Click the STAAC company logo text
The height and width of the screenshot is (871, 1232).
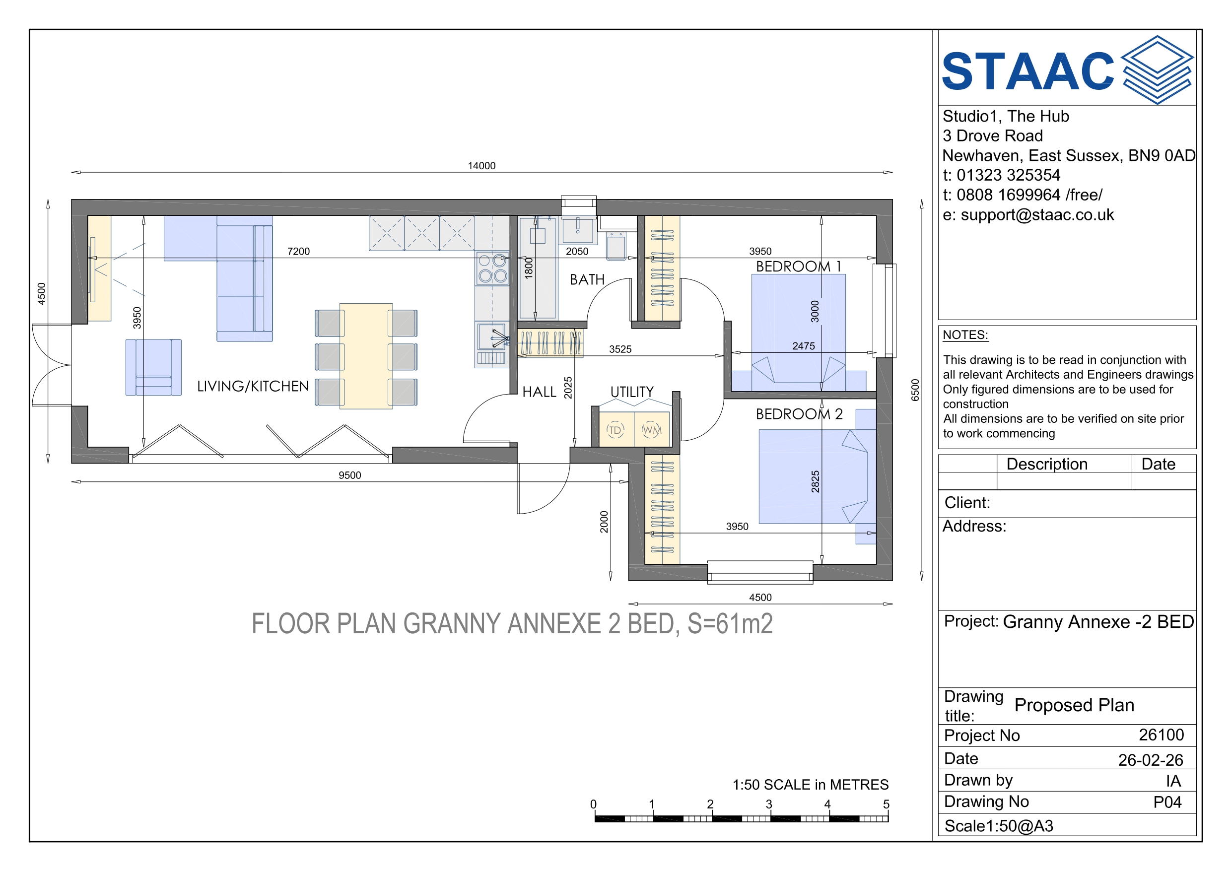coord(1028,71)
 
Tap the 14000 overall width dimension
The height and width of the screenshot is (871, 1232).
coord(481,166)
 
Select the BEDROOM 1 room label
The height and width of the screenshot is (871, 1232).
coord(799,266)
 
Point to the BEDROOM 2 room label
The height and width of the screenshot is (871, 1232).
coord(799,414)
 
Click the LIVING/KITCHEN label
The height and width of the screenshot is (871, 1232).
coord(253,387)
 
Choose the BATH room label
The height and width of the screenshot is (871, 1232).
coord(587,279)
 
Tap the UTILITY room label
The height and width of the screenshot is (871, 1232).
coord(632,392)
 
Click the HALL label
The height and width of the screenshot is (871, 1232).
coord(539,392)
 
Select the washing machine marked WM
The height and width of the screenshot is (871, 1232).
coord(651,429)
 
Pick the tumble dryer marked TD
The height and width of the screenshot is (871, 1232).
coord(616,429)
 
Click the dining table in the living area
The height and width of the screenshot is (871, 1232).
coord(366,356)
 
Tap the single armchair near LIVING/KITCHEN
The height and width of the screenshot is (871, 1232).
coord(153,367)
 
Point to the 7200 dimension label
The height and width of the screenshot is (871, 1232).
coord(298,251)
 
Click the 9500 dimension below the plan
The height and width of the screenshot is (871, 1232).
coord(350,475)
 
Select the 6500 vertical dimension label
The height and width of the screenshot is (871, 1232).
coord(915,390)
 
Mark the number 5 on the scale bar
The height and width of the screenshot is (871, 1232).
coord(886,804)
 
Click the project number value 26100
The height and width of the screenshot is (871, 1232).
coord(1161,735)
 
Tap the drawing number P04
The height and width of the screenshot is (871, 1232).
coord(1167,802)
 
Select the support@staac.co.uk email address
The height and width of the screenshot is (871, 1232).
coord(1037,215)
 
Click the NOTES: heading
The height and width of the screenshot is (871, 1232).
coord(965,335)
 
